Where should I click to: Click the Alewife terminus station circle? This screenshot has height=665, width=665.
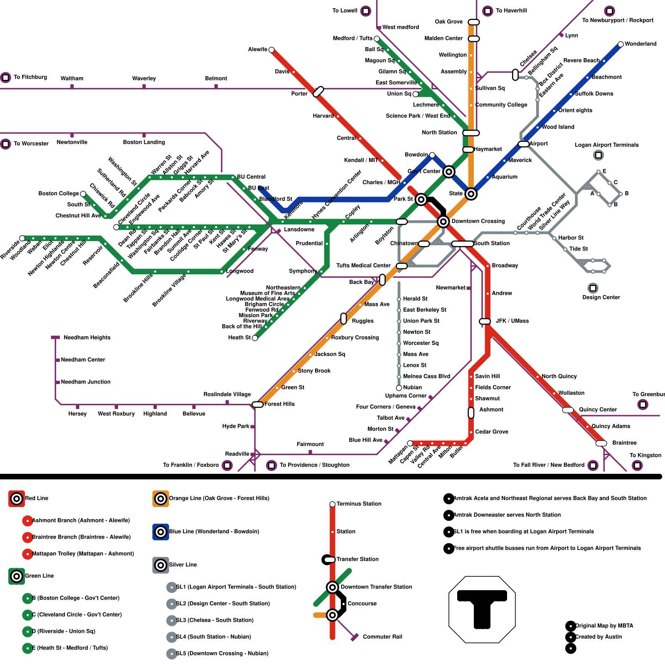[x=271, y=50]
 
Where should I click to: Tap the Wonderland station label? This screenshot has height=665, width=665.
[x=640, y=44]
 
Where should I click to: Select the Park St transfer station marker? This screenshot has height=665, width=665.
[x=421, y=199]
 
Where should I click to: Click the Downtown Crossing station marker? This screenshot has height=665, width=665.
[x=443, y=222]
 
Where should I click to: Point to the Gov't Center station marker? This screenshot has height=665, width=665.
[x=448, y=172]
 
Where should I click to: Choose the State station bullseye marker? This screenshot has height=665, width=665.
[x=471, y=194]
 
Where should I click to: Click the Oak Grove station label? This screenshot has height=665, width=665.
[x=448, y=22]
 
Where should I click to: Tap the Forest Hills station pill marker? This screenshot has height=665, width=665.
[x=258, y=404]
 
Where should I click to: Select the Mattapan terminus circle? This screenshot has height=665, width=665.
[x=410, y=443]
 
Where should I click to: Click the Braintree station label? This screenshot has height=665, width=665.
[x=624, y=443]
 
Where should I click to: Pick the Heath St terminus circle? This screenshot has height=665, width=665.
[x=255, y=338]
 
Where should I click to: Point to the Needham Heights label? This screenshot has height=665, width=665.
[x=87, y=337]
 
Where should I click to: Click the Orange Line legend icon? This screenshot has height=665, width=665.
[x=160, y=499]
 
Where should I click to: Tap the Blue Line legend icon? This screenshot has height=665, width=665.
[x=160, y=532]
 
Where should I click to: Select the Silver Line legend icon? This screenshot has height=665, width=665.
[x=160, y=565]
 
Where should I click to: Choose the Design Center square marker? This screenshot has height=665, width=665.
[x=593, y=288]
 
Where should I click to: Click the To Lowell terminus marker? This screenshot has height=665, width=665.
[x=366, y=11]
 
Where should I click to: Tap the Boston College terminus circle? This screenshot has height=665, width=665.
[x=83, y=194]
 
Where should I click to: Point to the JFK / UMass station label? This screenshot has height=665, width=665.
[x=512, y=321]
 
